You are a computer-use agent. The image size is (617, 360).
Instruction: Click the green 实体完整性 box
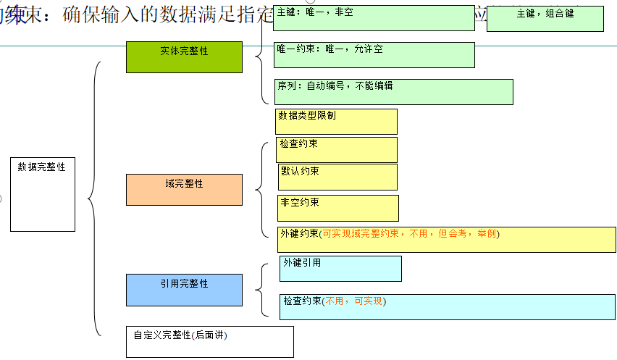coord(184,56)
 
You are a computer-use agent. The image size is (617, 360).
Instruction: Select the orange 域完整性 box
coord(184,189)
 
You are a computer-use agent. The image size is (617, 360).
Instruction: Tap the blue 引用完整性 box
coord(184,290)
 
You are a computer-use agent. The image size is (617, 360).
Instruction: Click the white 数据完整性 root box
coord(43,194)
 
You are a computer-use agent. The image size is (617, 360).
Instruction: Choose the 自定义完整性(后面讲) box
coord(209,341)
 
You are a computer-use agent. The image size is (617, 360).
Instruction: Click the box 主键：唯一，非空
coord(374,18)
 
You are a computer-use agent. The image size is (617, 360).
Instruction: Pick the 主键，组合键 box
coord(545,19)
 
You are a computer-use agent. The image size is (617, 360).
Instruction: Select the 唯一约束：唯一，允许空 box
coord(374,55)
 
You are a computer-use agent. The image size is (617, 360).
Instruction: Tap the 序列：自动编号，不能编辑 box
coord(394,92)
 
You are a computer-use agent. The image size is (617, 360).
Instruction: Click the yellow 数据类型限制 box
coord(337,121)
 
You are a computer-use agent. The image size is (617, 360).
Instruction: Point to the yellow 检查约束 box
coord(337,150)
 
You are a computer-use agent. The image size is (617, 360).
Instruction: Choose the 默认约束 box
coord(337,177)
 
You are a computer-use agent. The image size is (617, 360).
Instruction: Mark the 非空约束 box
coord(338,208)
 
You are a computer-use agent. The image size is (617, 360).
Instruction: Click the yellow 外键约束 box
coord(446,239)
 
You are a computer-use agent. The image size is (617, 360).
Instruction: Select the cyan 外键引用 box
coord(340,268)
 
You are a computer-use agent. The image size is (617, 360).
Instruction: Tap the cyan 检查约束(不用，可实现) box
coord(447,306)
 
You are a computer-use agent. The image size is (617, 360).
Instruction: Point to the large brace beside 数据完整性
coord(92,198)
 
